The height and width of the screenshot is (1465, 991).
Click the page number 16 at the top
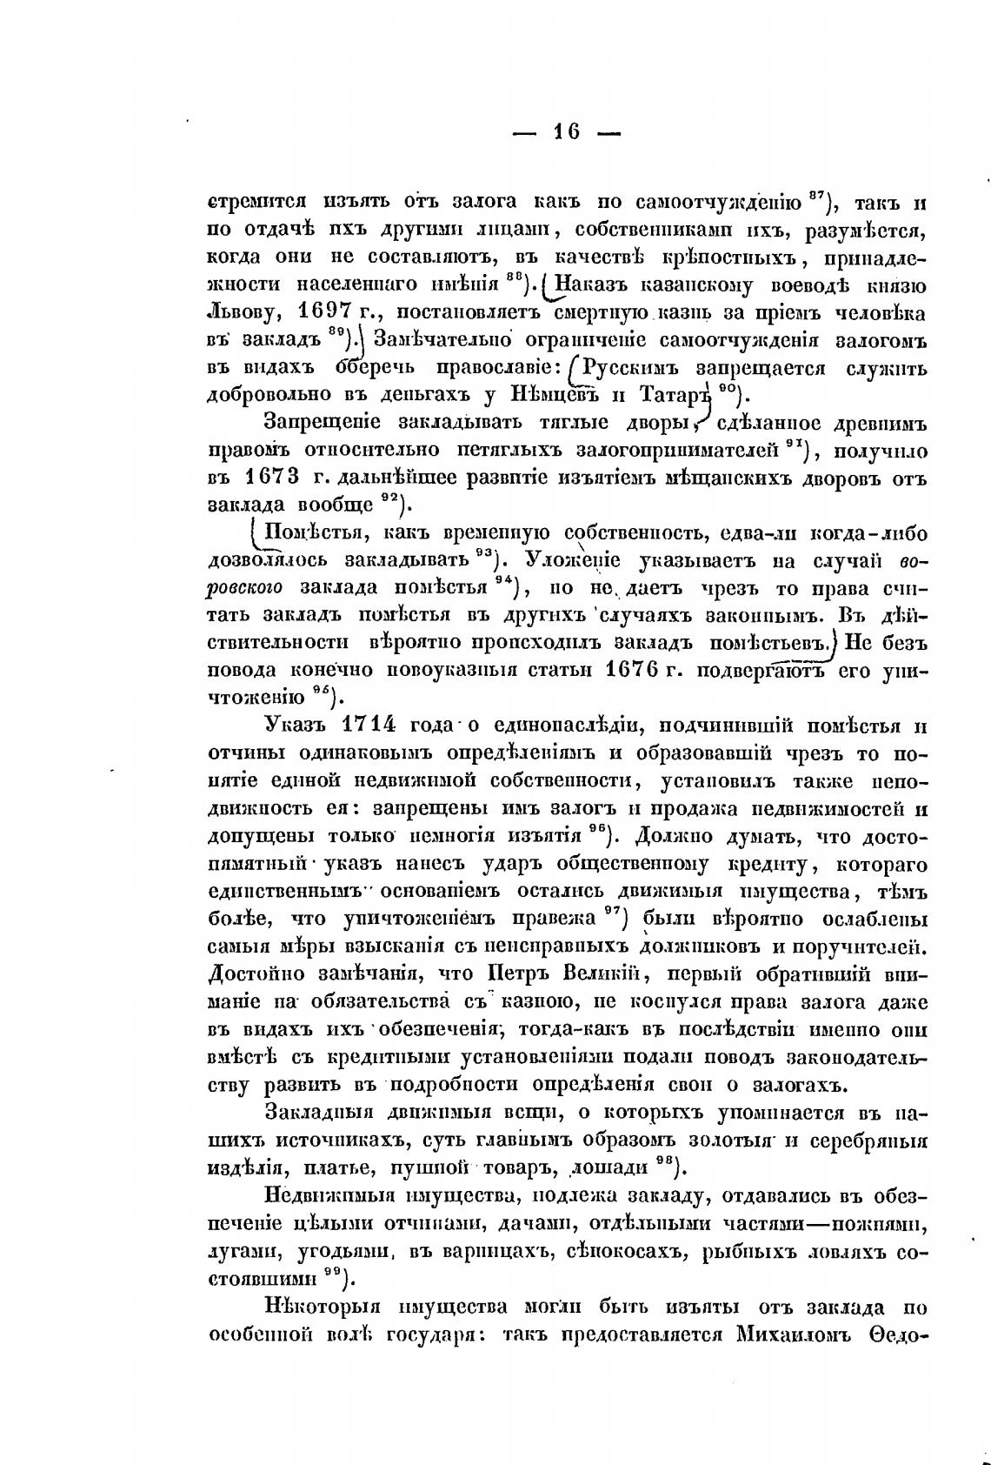click(x=567, y=132)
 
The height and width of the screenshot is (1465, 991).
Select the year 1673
click(x=272, y=478)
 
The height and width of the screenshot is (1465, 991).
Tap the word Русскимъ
click(x=634, y=367)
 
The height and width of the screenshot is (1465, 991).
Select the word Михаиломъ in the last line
click(x=797, y=1335)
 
